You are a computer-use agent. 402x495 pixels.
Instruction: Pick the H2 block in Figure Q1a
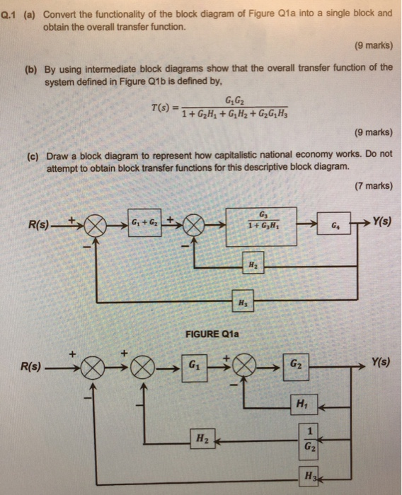click(251, 262)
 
